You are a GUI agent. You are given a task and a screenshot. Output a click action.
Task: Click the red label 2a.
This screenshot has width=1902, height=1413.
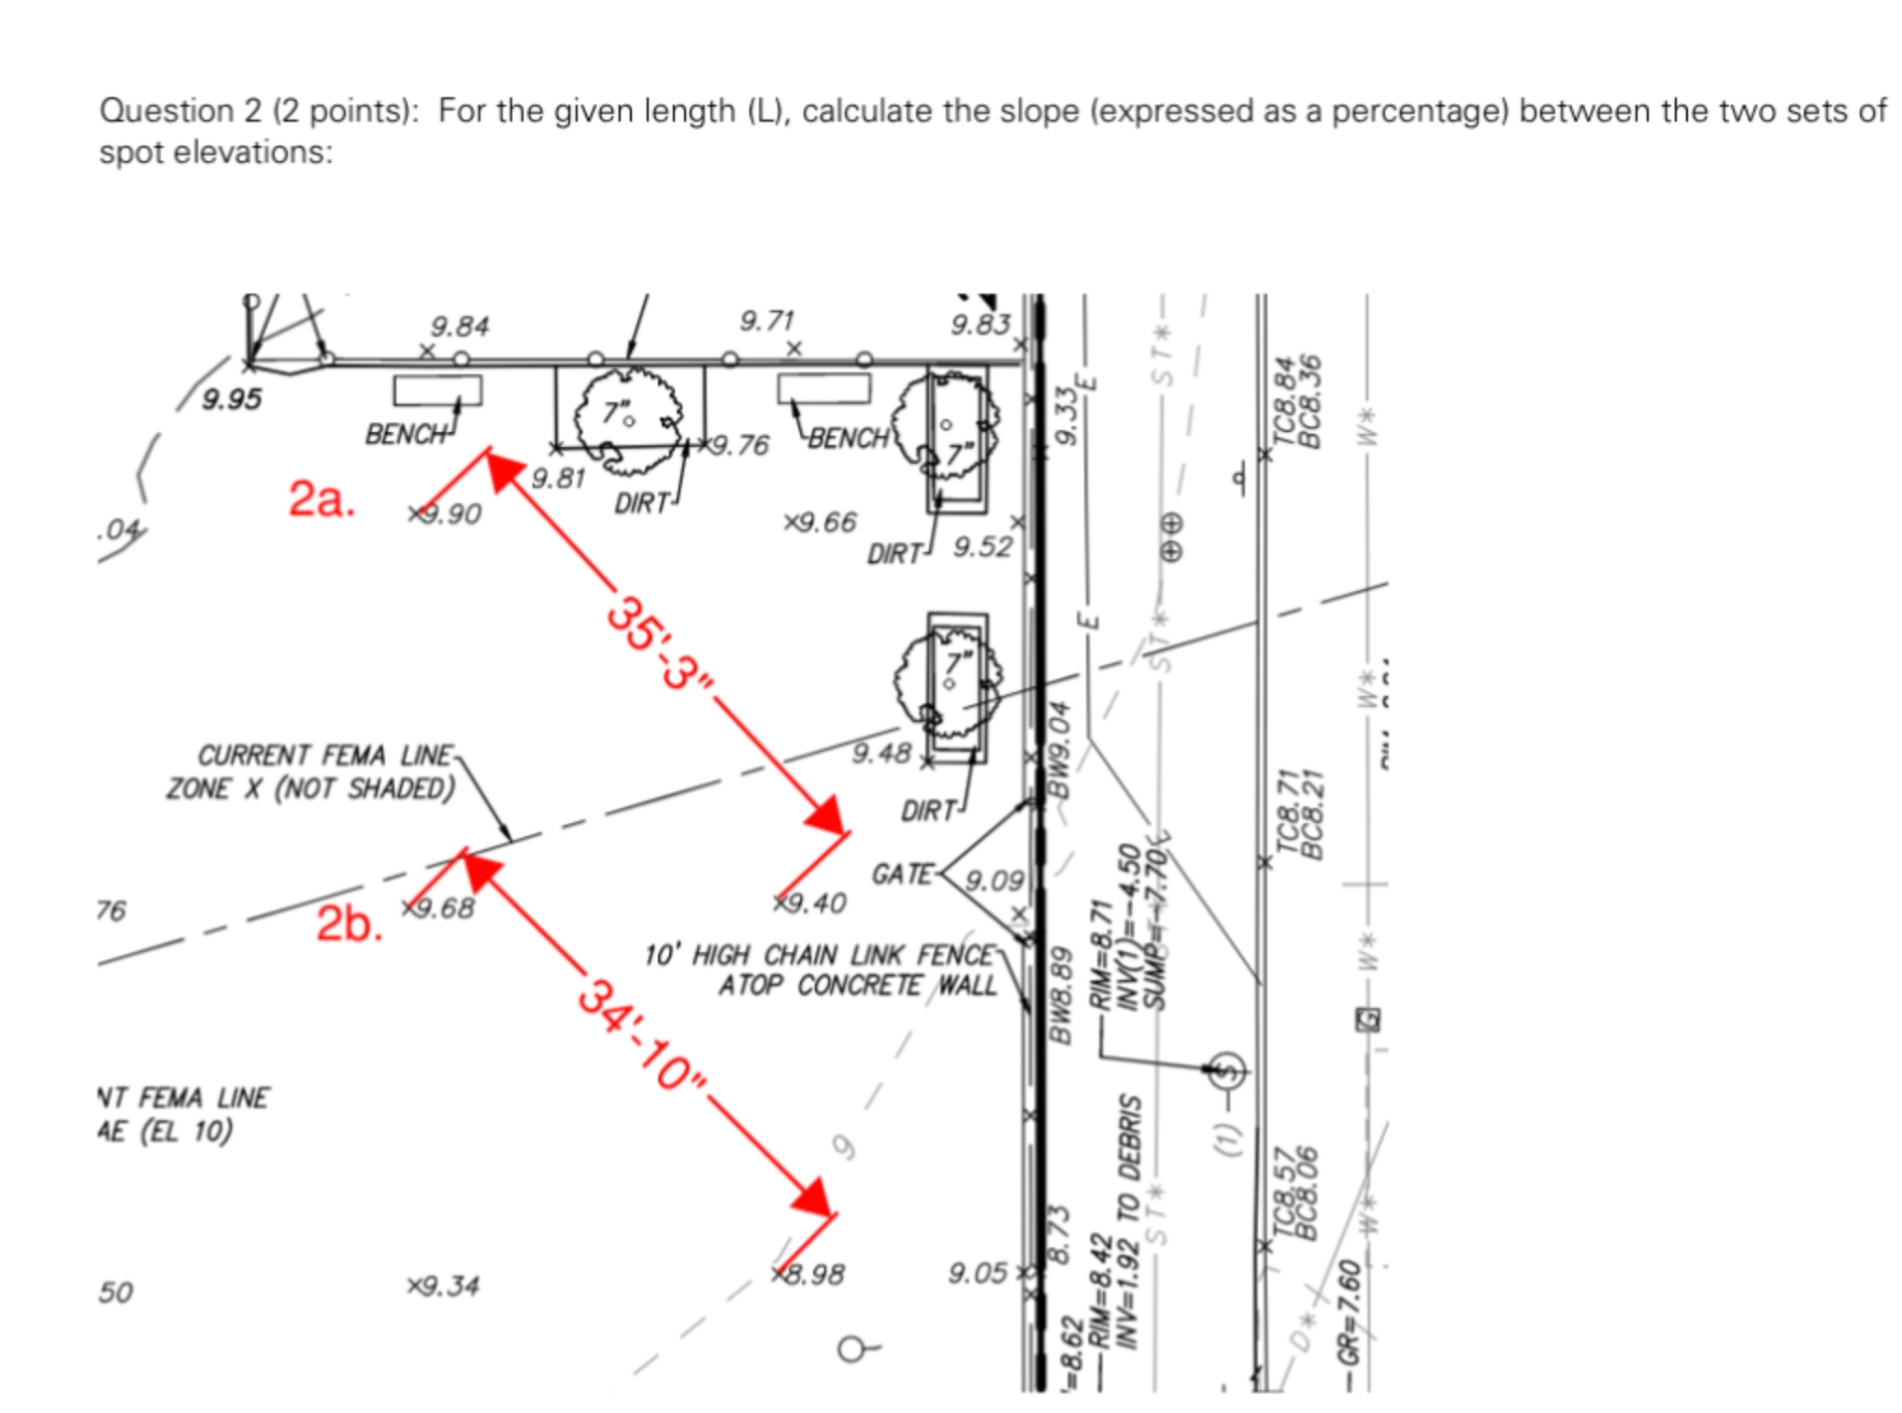[322, 497]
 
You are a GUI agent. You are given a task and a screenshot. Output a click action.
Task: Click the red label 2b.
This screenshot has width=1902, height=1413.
[349, 924]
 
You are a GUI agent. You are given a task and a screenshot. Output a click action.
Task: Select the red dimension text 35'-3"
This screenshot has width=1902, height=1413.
[661, 644]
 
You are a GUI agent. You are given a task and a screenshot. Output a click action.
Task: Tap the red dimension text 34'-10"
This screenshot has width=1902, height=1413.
[643, 1035]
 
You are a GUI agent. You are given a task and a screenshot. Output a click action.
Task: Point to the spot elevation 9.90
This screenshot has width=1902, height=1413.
[450, 513]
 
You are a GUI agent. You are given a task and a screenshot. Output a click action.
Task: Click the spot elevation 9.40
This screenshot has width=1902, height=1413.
[815, 902]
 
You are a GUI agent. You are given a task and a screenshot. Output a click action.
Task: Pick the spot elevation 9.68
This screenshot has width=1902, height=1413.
[444, 908]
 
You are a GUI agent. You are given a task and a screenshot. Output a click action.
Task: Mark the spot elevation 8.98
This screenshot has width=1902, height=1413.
[814, 1274]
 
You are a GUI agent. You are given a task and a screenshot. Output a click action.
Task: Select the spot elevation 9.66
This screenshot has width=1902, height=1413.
[825, 522]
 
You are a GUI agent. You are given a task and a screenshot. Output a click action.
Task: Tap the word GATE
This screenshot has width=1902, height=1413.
[902, 874]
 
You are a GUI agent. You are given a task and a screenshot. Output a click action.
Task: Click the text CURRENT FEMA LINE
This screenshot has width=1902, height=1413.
[325, 755]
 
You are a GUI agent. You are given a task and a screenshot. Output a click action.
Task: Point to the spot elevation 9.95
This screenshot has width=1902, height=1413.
[232, 399]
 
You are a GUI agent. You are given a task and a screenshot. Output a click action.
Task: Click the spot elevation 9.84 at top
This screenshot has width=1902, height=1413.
[460, 326]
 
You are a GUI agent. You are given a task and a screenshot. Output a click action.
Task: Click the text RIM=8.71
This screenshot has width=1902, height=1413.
[1102, 954]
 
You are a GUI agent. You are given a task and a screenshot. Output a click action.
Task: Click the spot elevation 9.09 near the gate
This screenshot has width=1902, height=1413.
[994, 880]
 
